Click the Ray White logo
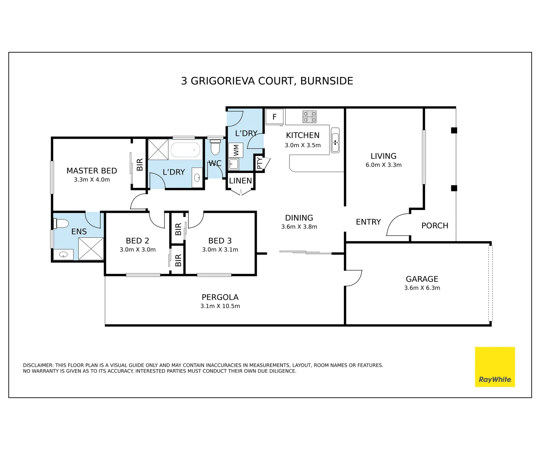pyautogui.click(x=494, y=367)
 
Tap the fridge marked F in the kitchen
pyautogui.click(x=274, y=117)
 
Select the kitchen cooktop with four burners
pyautogui.click(x=309, y=117)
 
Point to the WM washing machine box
pyautogui.click(x=236, y=150)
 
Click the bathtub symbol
pyautogui.click(x=185, y=150)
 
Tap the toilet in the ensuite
pyautogui.click(x=61, y=224)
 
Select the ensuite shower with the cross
pyautogui.click(x=91, y=249)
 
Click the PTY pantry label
pyautogui.click(x=260, y=163)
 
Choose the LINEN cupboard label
pyautogui.click(x=240, y=180)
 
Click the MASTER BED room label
pyautogui.click(x=91, y=170)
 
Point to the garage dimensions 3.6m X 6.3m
pyautogui.click(x=422, y=288)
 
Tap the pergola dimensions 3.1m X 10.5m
pyautogui.click(x=220, y=306)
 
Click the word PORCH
pyautogui.click(x=435, y=225)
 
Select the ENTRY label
pyautogui.click(x=368, y=222)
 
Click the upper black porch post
pyautogui.click(x=454, y=130)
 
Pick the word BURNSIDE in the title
pyautogui.click(x=326, y=81)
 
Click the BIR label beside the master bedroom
pyautogui.click(x=140, y=165)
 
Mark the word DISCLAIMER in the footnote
pyautogui.click(x=38, y=365)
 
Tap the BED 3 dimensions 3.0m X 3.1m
pyautogui.click(x=220, y=249)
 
